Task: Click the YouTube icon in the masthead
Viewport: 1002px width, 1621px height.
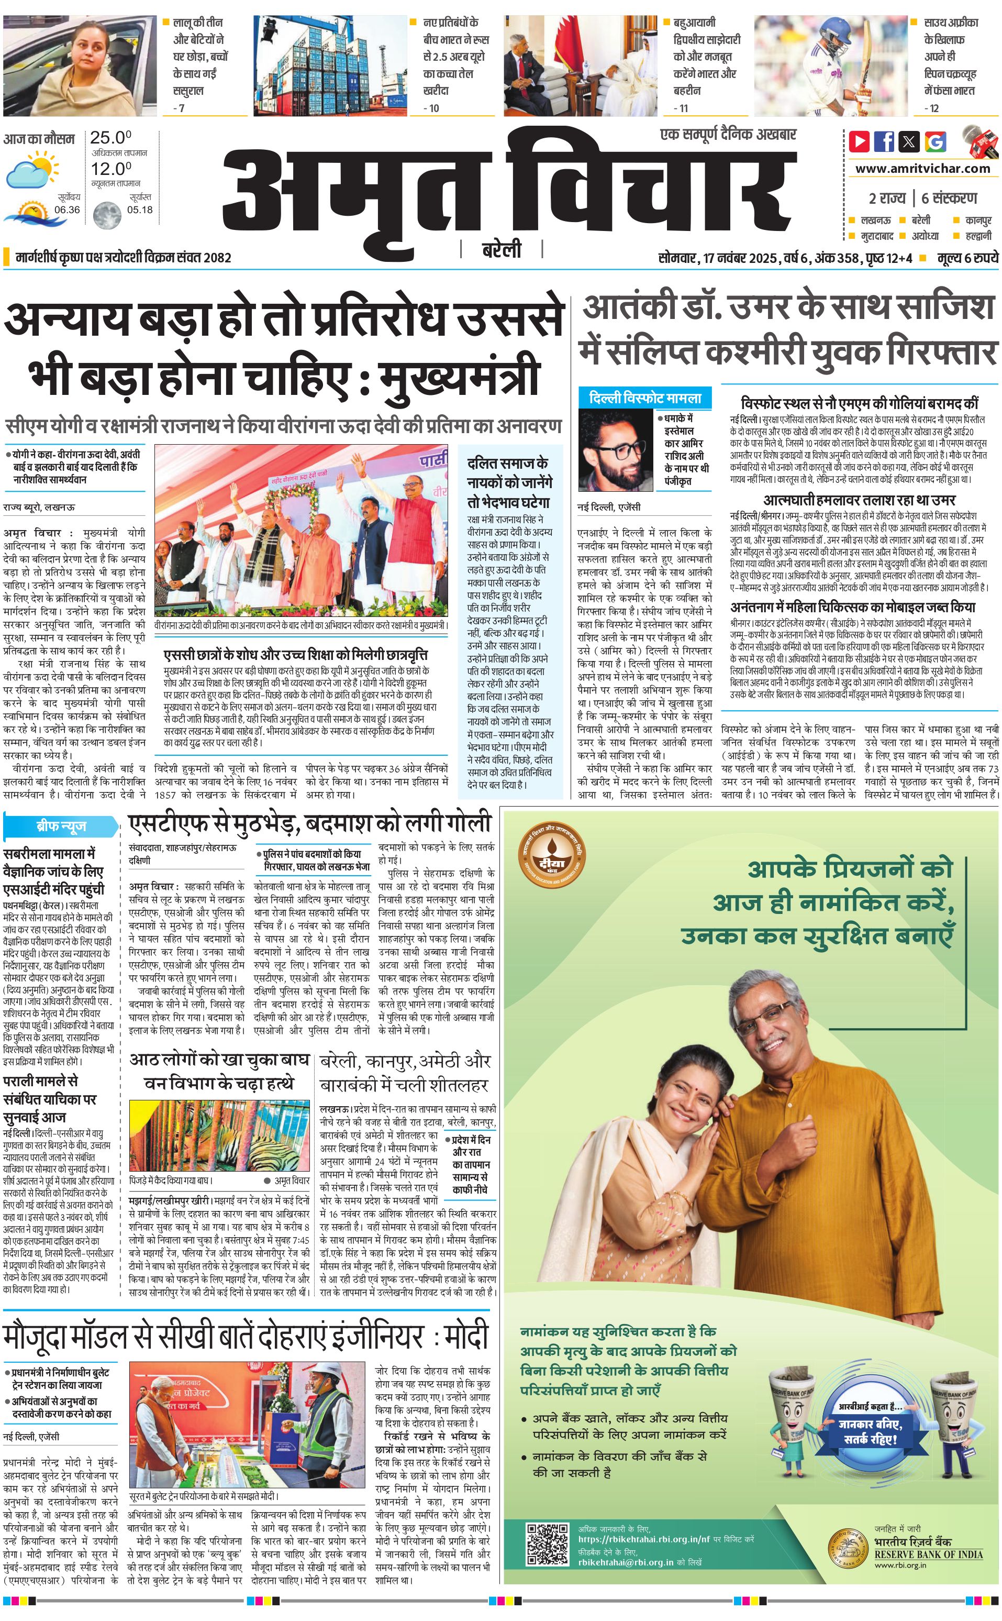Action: (860, 141)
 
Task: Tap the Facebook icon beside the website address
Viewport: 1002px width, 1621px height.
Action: (884, 141)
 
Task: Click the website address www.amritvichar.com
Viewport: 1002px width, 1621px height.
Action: (922, 169)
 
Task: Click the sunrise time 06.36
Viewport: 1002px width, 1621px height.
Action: (67, 209)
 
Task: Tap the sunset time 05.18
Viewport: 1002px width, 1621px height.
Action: (140, 209)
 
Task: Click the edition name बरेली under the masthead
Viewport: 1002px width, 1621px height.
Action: (502, 250)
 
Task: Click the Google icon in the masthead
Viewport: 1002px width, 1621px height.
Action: (935, 141)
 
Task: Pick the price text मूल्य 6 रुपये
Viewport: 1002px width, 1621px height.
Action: (967, 258)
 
